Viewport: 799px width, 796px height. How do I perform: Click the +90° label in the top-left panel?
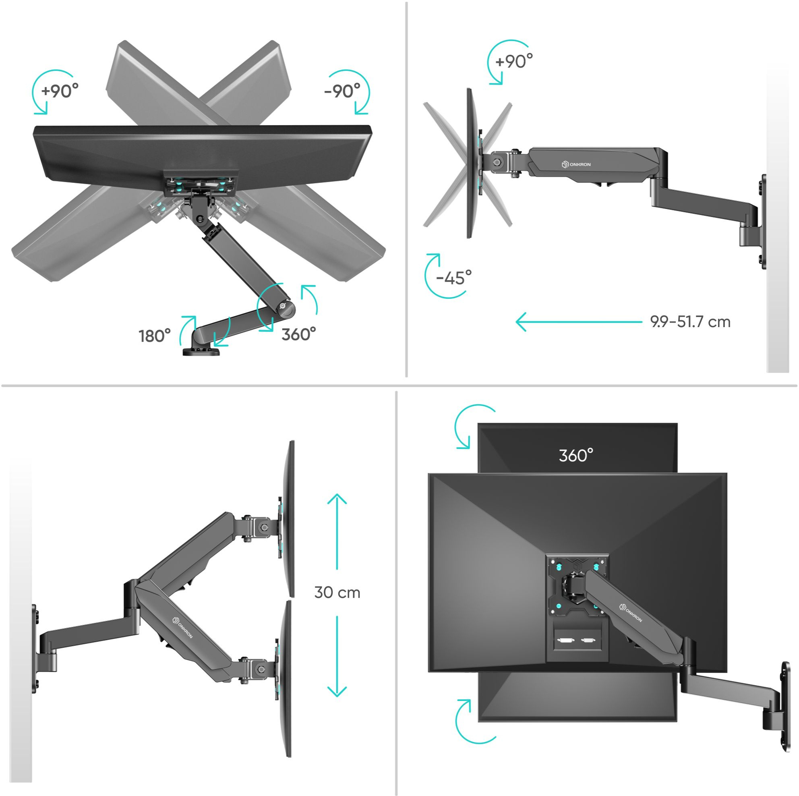click(x=60, y=90)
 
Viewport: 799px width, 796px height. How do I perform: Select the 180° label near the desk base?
click(x=155, y=336)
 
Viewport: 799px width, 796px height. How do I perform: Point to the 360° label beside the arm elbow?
click(x=298, y=334)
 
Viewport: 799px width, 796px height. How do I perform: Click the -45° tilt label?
click(x=454, y=277)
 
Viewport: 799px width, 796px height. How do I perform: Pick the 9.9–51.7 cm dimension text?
click(x=690, y=321)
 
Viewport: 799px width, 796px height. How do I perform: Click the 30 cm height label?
click(x=337, y=593)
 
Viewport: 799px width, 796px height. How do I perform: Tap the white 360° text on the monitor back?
click(x=576, y=456)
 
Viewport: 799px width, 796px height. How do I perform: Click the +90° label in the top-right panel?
click(x=514, y=61)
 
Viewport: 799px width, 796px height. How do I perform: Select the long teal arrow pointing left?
click(x=579, y=321)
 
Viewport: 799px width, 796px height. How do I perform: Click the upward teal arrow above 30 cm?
click(x=337, y=532)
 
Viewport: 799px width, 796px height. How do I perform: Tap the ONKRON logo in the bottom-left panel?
click(x=182, y=627)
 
